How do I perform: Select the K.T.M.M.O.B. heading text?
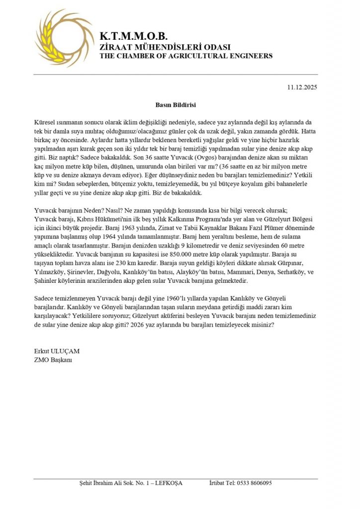coord(134,36)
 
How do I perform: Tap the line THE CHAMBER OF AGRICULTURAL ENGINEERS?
coord(186,56)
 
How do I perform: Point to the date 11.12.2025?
coord(302,87)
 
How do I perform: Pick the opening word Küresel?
coord(45,122)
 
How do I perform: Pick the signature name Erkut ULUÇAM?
coord(57,351)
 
